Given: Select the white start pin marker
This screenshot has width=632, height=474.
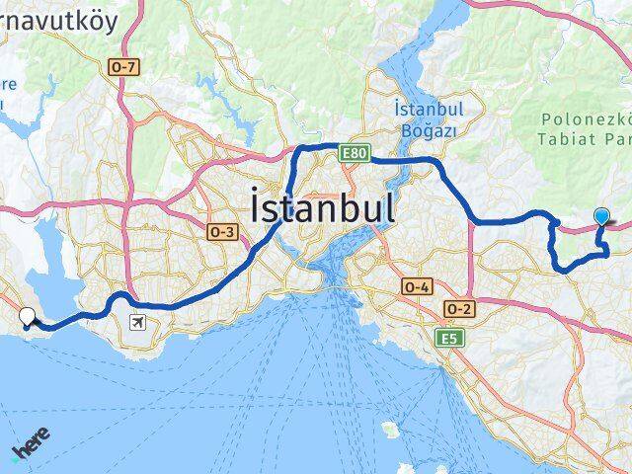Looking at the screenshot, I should click(x=28, y=317).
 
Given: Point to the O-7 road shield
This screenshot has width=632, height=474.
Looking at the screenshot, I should click(x=123, y=66).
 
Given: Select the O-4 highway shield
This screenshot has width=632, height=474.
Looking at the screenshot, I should click(x=417, y=285).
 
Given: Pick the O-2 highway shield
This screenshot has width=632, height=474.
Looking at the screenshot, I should click(x=459, y=308).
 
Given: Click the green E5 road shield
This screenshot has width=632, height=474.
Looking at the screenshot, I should click(x=450, y=338).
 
